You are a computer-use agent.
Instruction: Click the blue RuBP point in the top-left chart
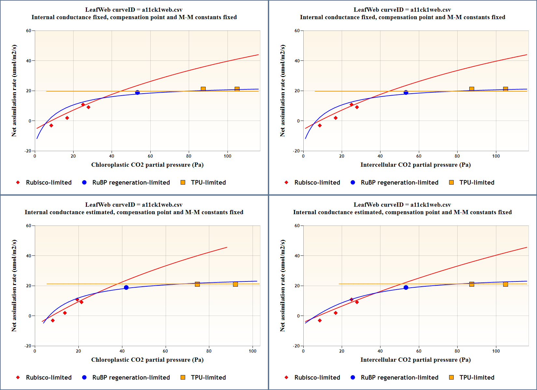(x=137, y=93)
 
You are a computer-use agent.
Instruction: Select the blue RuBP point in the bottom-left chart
(x=126, y=288)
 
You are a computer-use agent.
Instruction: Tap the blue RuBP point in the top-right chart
(x=406, y=93)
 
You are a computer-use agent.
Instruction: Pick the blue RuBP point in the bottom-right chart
(x=406, y=288)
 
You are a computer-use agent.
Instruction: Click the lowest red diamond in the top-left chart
(x=51, y=125)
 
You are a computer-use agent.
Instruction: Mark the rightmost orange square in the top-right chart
(x=505, y=89)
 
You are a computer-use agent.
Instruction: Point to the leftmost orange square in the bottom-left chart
(x=197, y=284)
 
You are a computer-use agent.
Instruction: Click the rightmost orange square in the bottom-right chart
(x=505, y=284)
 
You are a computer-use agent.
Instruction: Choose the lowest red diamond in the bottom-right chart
(x=320, y=320)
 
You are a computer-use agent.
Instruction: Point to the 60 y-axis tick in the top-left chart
(x=29, y=31)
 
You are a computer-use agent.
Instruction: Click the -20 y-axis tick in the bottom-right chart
(x=296, y=346)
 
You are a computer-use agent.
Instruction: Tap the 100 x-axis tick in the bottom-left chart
(x=253, y=351)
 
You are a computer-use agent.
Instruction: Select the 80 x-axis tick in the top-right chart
(x=457, y=156)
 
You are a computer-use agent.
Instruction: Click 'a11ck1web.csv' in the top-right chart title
(x=431, y=10)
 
